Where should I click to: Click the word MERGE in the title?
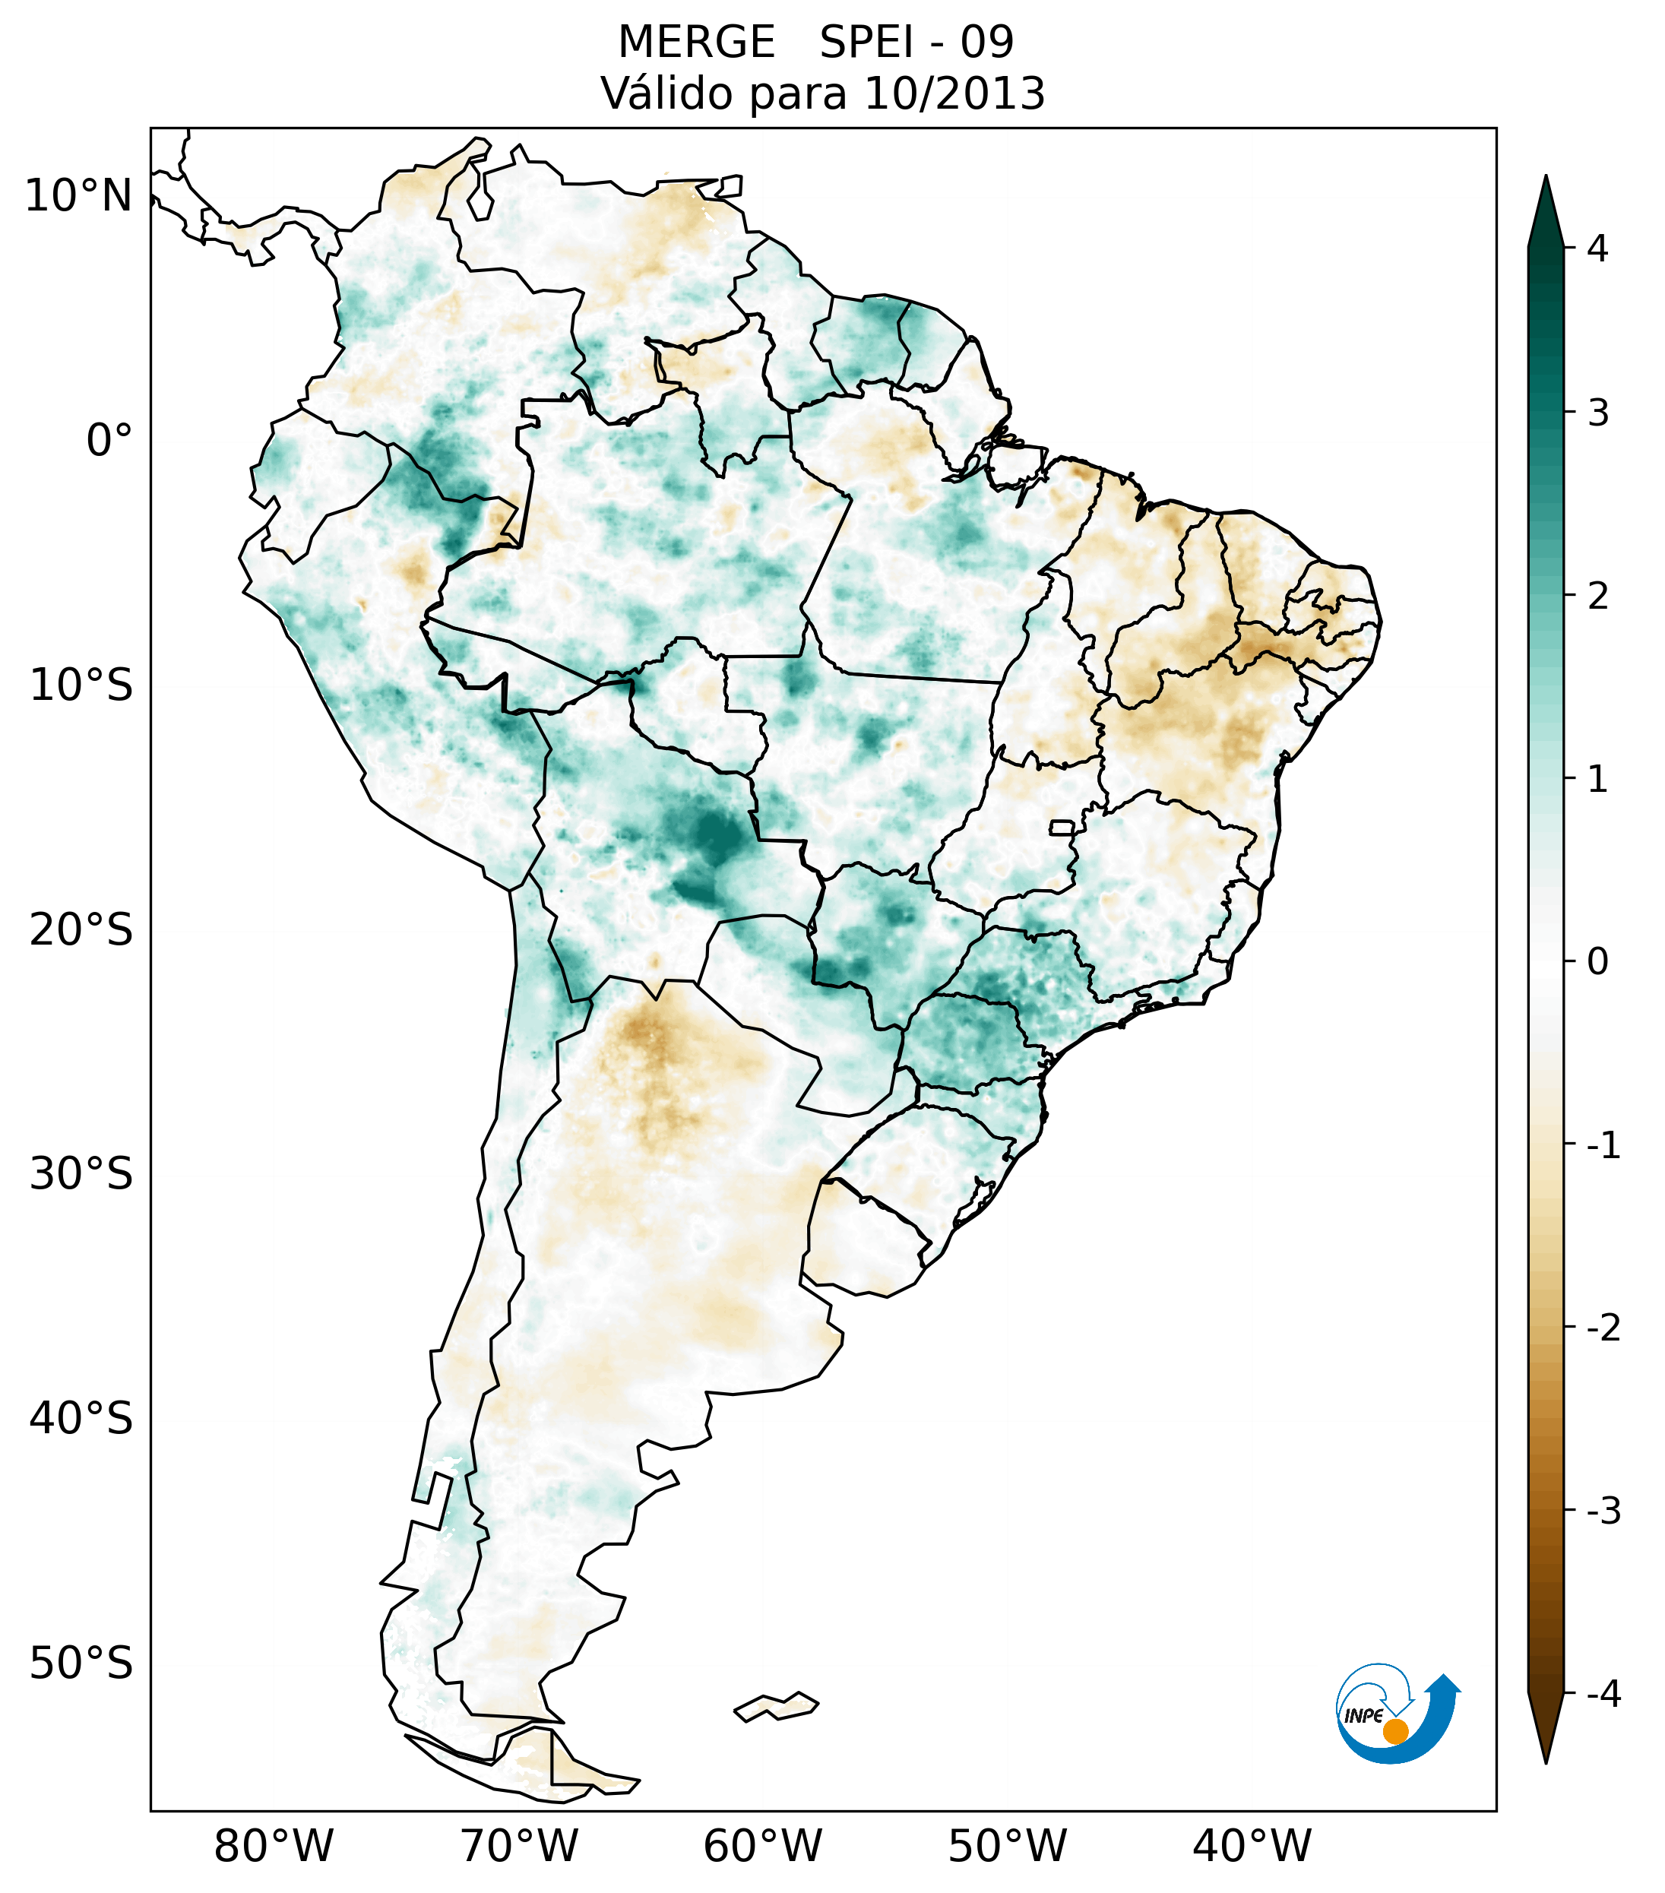click(x=695, y=43)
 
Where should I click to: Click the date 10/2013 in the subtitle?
click(x=954, y=93)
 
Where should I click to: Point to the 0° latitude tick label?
click(x=109, y=441)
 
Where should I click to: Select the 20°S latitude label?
click(x=81, y=930)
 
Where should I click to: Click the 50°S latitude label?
click(x=81, y=1663)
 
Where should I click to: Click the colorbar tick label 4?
click(x=1597, y=248)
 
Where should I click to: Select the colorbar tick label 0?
click(x=1597, y=962)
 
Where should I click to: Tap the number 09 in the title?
click(x=987, y=43)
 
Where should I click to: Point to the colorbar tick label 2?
click(x=1597, y=597)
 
